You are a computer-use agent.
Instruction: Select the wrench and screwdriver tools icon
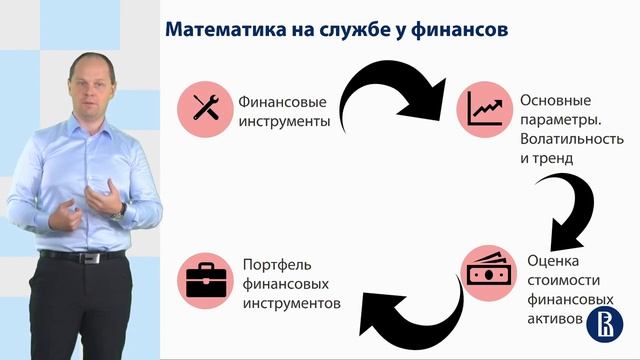(x=205, y=109)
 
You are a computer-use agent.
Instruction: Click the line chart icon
(x=487, y=109)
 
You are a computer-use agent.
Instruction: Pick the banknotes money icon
(x=489, y=271)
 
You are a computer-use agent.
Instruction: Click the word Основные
(x=556, y=101)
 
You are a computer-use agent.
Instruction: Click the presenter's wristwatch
(x=122, y=210)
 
